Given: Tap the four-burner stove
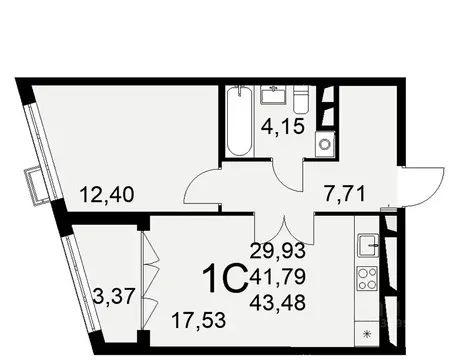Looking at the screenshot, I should (368, 277).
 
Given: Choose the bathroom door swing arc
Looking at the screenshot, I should (288, 171).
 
